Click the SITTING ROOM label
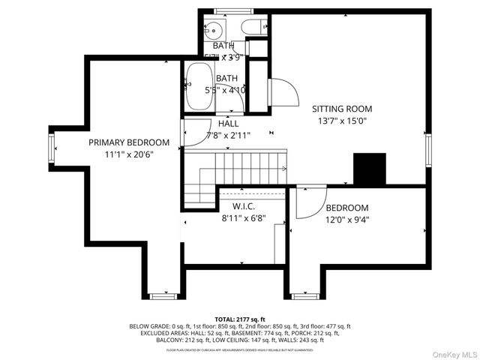coord(342,109)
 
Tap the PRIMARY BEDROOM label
coord(128,142)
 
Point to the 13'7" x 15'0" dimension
coord(342,120)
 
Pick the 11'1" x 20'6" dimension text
coord(128,154)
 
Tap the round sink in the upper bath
coord(213,31)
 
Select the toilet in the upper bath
coord(251,28)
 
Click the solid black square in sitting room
coord(369,169)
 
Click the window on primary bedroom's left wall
coord(52,148)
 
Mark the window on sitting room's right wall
coord(429,150)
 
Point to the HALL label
coord(229,124)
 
